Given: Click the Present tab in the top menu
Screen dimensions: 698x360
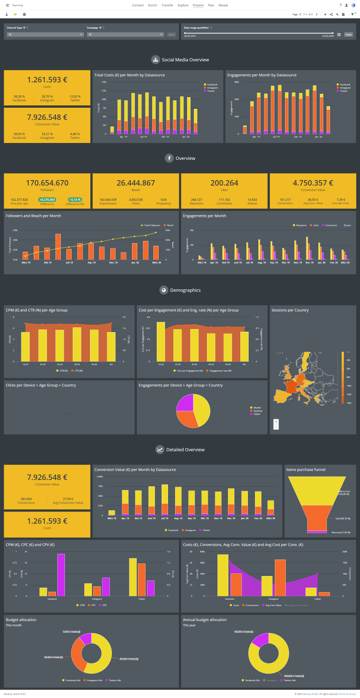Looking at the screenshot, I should click(198, 5).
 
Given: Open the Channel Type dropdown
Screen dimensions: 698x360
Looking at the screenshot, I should click(45, 35).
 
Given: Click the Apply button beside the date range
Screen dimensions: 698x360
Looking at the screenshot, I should click(349, 35).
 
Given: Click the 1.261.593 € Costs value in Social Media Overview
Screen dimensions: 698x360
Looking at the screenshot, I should click(47, 80).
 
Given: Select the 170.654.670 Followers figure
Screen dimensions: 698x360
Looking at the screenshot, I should click(47, 183).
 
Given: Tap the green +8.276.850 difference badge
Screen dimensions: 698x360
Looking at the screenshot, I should click(47, 200).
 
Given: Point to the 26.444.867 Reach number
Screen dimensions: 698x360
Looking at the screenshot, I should click(136, 183).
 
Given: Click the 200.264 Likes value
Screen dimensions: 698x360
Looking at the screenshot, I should click(224, 183).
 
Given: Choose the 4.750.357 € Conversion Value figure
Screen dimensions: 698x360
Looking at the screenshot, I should click(313, 183).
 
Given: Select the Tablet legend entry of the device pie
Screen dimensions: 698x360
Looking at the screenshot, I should click(256, 414).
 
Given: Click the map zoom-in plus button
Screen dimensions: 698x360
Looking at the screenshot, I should click(276, 421).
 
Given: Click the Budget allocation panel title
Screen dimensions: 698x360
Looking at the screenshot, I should click(21, 620).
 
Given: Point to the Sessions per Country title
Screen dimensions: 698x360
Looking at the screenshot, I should click(290, 310).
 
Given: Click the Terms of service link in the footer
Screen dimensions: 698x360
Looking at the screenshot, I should click(347, 694).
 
